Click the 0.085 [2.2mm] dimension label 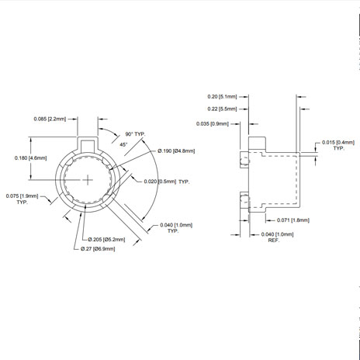click(x=50, y=119)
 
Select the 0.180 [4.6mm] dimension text click(x=31, y=157)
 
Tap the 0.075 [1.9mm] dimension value click(x=22, y=196)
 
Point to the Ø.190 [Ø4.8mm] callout click(x=176, y=151)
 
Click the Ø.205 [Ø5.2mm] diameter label click(x=106, y=240)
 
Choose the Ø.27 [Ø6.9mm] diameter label click(x=98, y=249)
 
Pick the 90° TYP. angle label click(x=135, y=134)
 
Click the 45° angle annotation click(x=123, y=144)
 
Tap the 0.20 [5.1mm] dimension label click(x=222, y=97)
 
